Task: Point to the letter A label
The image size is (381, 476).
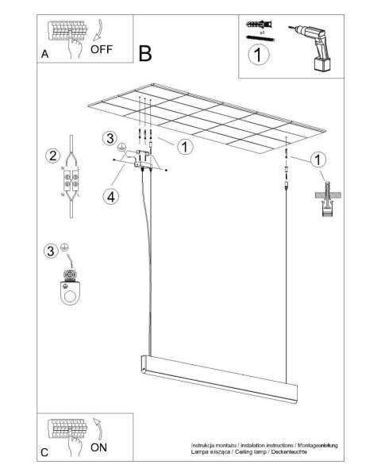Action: point(45,56)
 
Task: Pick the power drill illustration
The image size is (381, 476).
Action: point(313,44)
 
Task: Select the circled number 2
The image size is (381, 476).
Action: point(52,155)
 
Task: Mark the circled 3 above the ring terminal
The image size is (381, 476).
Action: point(52,251)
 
